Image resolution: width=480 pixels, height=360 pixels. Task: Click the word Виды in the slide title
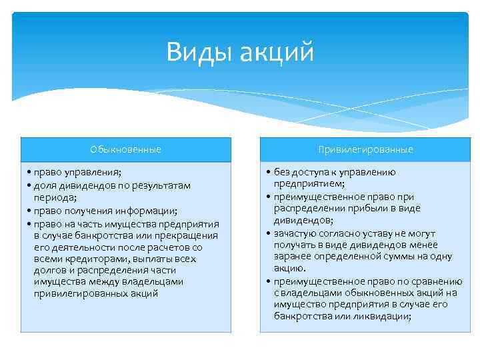click(198, 52)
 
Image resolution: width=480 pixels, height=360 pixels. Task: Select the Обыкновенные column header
click(126, 149)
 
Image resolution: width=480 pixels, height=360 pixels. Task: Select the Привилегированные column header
click(365, 149)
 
